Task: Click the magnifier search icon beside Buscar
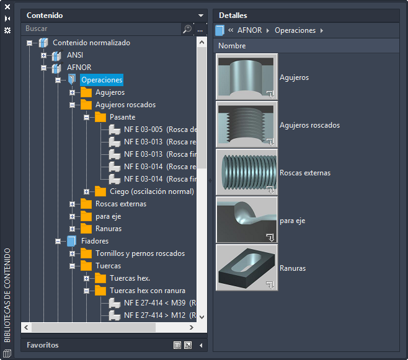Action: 187,29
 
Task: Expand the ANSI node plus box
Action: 43,55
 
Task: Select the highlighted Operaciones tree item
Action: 102,80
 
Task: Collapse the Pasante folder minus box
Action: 87,117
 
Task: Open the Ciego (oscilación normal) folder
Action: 152,191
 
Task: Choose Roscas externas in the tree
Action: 121,204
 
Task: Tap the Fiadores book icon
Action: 71,241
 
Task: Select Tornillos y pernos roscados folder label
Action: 140,253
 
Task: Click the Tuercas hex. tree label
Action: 130,278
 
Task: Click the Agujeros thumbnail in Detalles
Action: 247,77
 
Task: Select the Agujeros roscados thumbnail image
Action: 247,125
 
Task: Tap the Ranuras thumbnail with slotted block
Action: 247,268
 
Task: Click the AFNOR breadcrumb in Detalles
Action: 249,30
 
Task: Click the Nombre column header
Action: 232,46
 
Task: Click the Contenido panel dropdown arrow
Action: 201,15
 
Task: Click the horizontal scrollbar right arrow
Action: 192,327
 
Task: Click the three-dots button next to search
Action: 200,29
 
